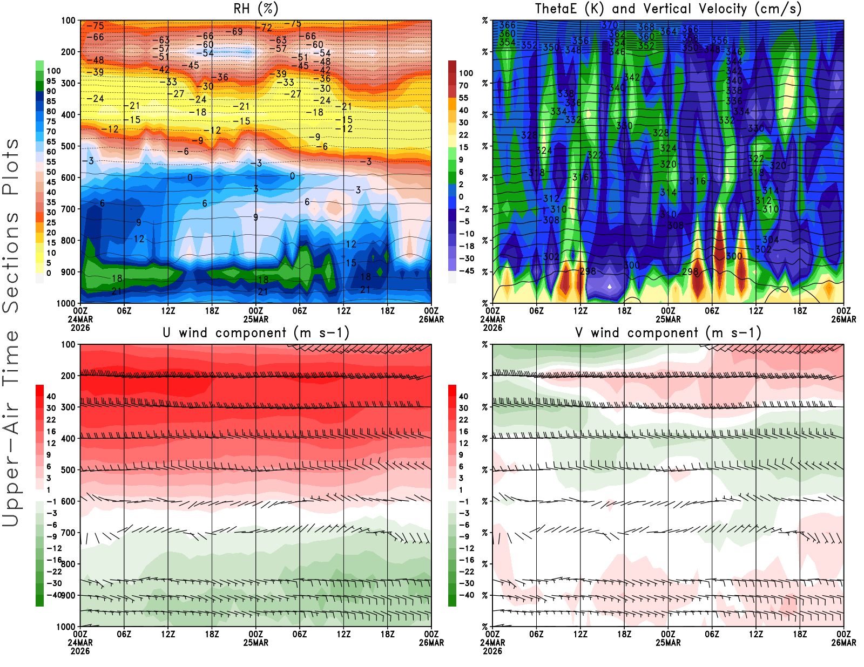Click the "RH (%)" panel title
pos(256,9)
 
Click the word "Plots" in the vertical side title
pos(11,167)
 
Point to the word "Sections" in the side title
pos(11,262)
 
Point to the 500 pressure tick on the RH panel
pos(69,146)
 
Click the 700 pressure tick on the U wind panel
pos(69,533)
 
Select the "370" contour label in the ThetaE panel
pos(610,25)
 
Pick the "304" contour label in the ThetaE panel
pos(771,240)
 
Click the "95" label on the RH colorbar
pos(51,81)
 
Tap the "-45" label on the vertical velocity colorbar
pos(465,271)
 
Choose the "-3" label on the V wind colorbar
pos(464,513)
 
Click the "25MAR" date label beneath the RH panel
pos(256,319)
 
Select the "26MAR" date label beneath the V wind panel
pos(843,643)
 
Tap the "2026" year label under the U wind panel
pos(80,651)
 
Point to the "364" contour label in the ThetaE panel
pos(669,31)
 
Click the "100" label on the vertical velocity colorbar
pos(466,73)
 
